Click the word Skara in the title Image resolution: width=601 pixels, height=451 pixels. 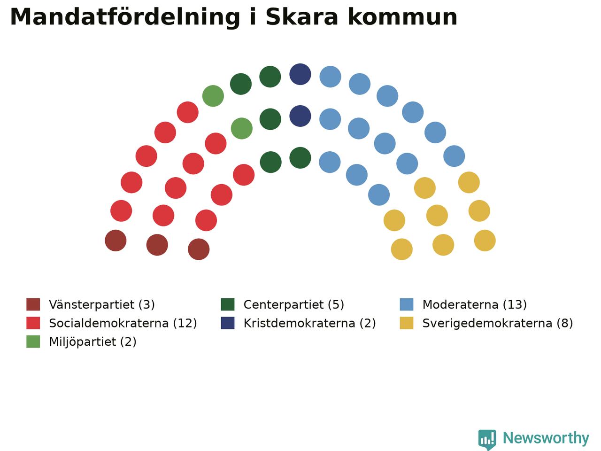point(302,17)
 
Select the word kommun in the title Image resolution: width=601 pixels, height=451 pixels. point(403,17)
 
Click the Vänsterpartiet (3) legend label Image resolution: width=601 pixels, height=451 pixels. point(102,304)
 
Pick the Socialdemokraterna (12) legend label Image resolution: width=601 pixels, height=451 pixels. point(123,323)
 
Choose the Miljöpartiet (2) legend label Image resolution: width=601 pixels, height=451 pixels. point(92,342)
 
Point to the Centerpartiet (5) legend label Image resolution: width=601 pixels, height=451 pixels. point(293,304)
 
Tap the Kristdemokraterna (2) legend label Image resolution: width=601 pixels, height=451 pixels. point(309,323)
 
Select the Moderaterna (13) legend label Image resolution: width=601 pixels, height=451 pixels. point(475,304)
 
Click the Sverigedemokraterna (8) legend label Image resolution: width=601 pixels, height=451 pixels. point(498,323)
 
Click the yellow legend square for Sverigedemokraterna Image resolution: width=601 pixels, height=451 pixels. point(406,323)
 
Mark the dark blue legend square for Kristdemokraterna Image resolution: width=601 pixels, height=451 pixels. point(228,323)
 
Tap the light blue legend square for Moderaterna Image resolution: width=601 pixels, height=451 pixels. point(406,304)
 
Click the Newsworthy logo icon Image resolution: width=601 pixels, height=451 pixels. point(487,439)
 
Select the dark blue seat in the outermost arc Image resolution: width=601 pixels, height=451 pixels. point(300,74)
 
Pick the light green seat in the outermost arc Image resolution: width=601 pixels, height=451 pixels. point(213,96)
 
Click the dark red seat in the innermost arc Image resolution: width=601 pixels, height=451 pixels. point(199,249)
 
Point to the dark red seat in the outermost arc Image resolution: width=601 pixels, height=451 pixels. point(116,241)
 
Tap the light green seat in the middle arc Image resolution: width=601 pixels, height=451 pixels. point(241,128)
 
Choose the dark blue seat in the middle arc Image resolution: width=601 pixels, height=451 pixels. point(300,116)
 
